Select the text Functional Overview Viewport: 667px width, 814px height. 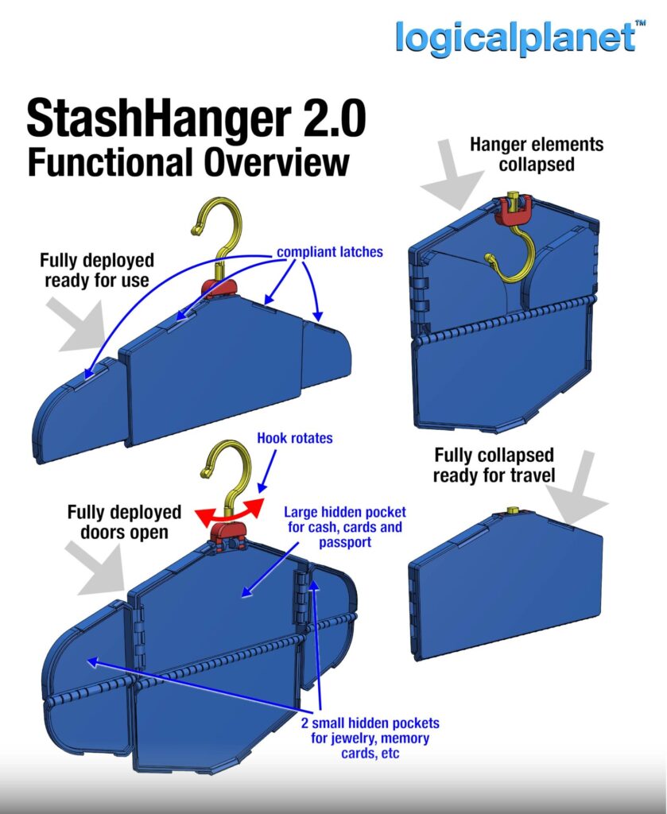pos(188,161)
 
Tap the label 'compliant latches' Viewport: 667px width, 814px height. pos(329,252)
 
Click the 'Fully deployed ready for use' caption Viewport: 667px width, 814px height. pos(98,270)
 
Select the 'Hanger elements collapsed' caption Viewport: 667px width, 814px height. pos(536,154)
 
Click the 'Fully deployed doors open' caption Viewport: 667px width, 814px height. pos(124,521)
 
